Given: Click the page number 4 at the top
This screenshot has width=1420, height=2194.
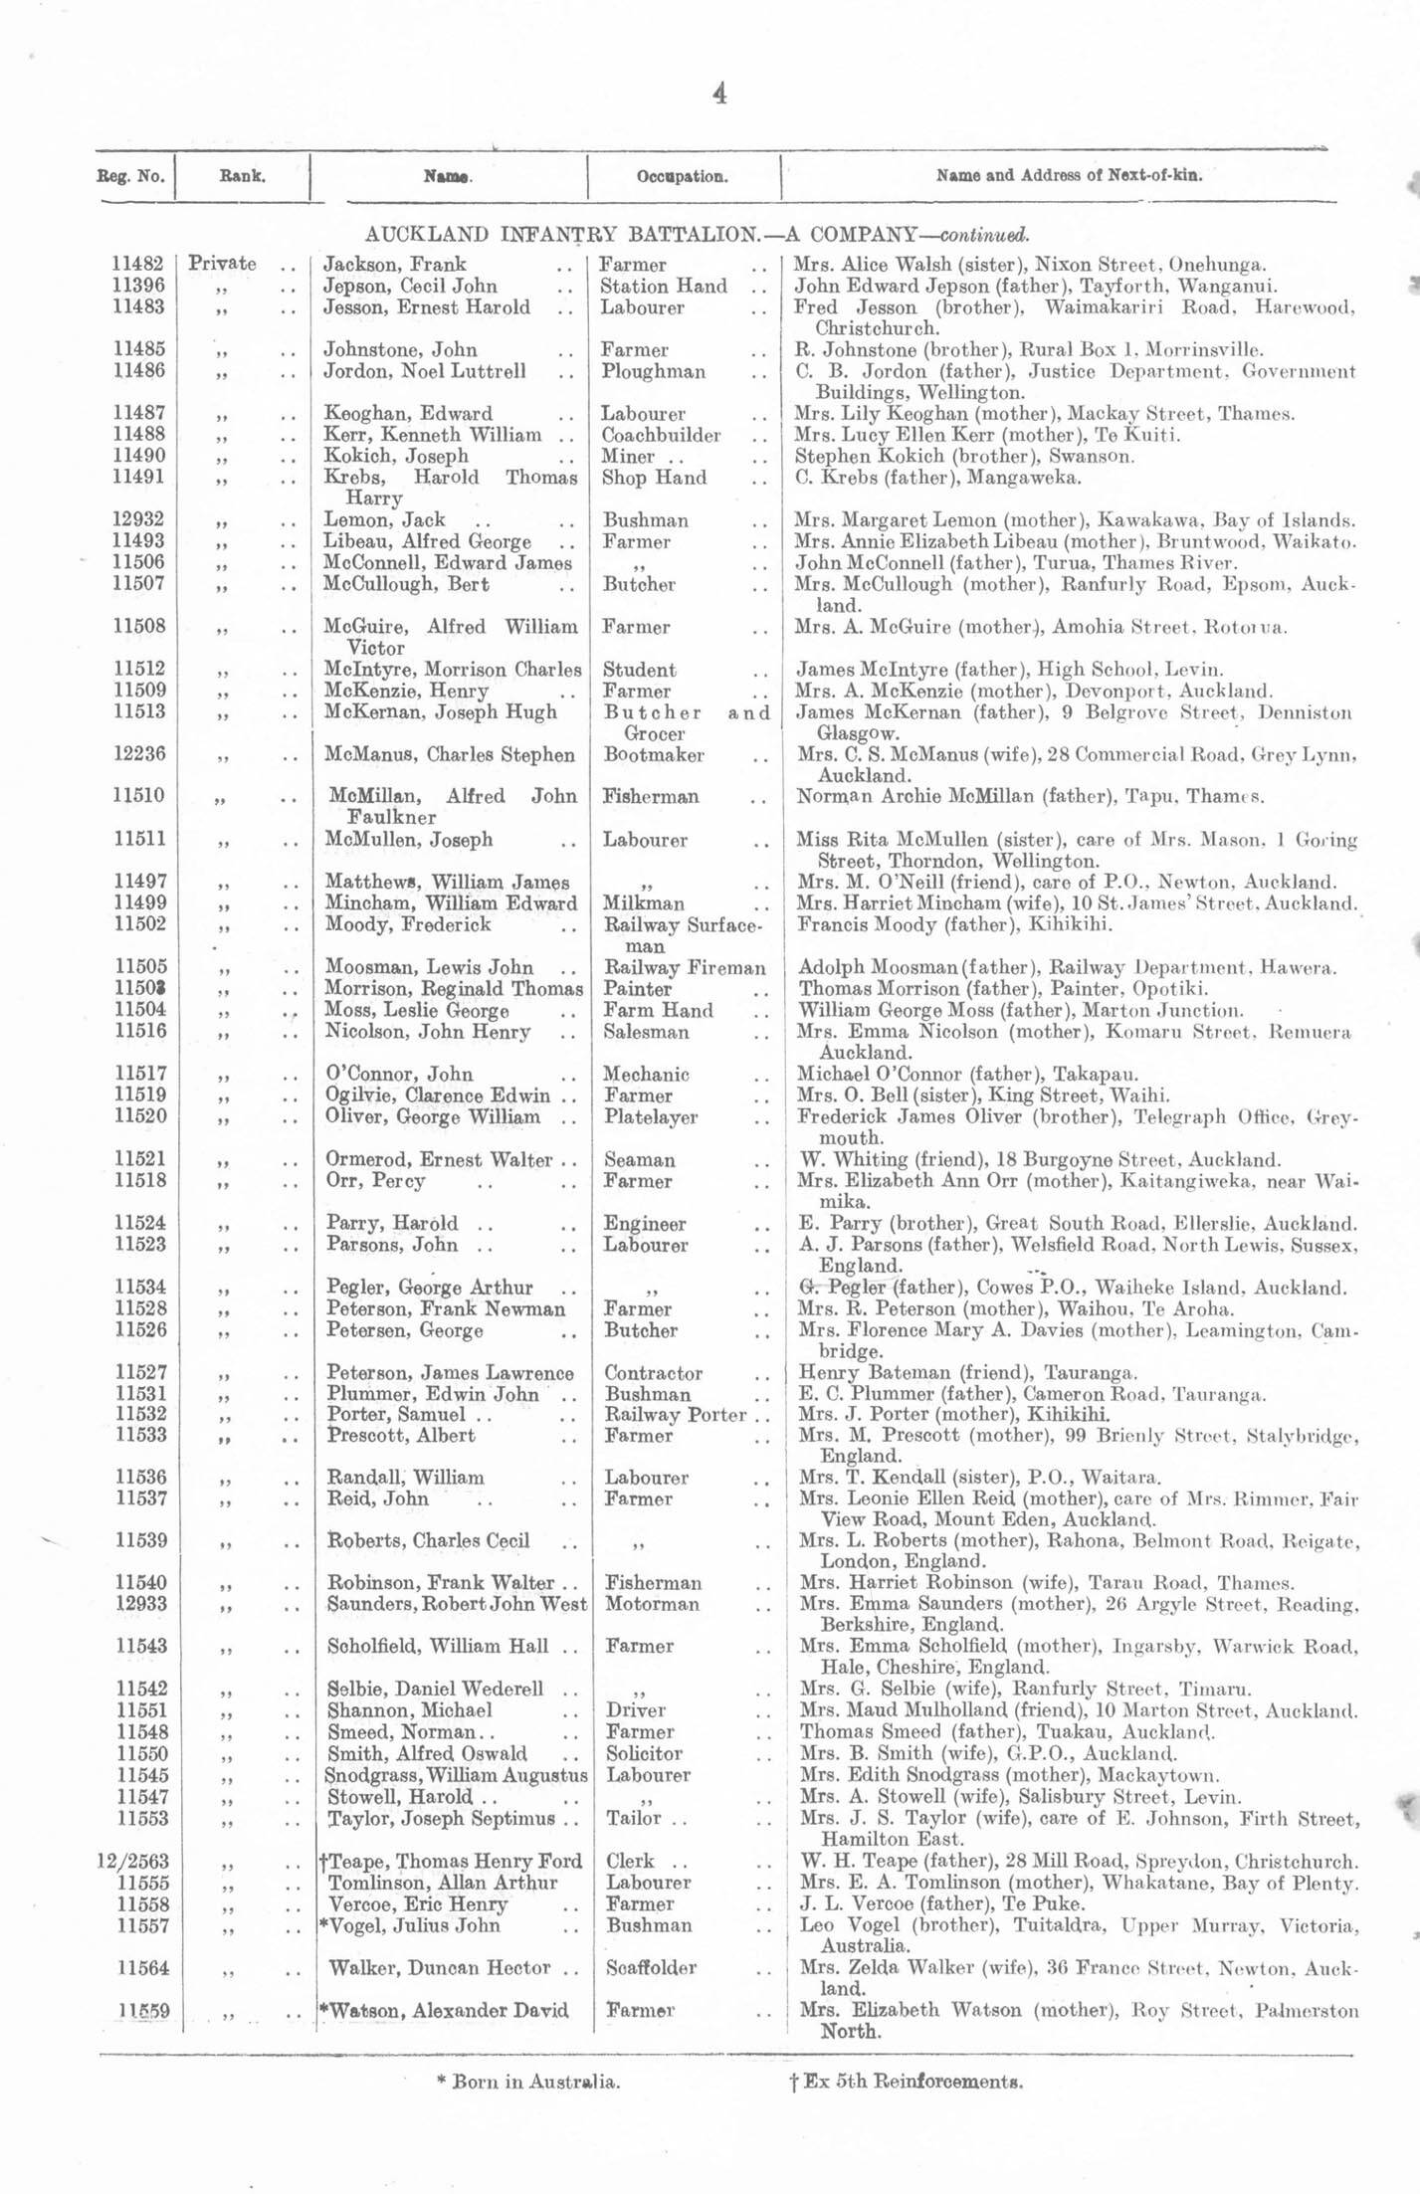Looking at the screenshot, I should pyautogui.click(x=719, y=95).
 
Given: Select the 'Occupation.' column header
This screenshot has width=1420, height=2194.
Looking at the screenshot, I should pyautogui.click(x=682, y=177).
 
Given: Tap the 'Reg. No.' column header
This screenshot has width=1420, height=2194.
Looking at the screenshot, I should pyautogui.click(x=130, y=177).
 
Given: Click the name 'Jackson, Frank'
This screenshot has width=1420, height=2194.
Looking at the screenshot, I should pyautogui.click(x=395, y=265).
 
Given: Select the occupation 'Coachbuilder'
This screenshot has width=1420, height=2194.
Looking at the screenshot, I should pyautogui.click(x=661, y=435).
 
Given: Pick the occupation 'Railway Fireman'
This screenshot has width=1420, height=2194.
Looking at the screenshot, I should pyautogui.click(x=685, y=967).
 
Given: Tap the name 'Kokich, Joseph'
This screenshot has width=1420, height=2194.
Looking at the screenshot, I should pyautogui.click(x=396, y=456).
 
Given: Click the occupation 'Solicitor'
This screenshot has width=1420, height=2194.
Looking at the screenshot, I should pyautogui.click(x=644, y=1753).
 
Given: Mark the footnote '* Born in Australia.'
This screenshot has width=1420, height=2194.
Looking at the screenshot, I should pyautogui.click(x=528, y=2081).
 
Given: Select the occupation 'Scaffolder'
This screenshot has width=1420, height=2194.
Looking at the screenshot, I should pyautogui.click(x=652, y=1968).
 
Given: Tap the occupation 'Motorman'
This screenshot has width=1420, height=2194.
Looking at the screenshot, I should pyautogui.click(x=652, y=1604).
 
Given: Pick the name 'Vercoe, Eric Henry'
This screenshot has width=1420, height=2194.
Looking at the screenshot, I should pyautogui.click(x=418, y=1904).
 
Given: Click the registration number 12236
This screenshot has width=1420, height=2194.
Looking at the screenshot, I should pyautogui.click(x=139, y=754).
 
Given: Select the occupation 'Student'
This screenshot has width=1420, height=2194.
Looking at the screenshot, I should pyautogui.click(x=640, y=670).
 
